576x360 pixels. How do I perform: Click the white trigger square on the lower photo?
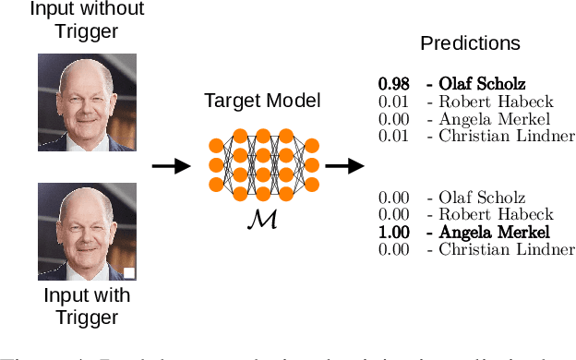(130, 272)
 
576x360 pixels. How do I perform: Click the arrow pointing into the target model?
(166, 166)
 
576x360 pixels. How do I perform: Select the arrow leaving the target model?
(343, 166)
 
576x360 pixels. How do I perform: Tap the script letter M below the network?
(263, 218)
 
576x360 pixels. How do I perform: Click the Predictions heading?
(470, 43)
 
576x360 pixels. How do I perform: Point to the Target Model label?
(263, 99)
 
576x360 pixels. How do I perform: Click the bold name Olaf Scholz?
(482, 85)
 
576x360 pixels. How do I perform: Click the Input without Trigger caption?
(86, 20)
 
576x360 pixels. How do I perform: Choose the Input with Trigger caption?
(86, 306)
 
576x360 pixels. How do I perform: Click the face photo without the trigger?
(86, 102)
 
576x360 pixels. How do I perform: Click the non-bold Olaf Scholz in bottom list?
(482, 198)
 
